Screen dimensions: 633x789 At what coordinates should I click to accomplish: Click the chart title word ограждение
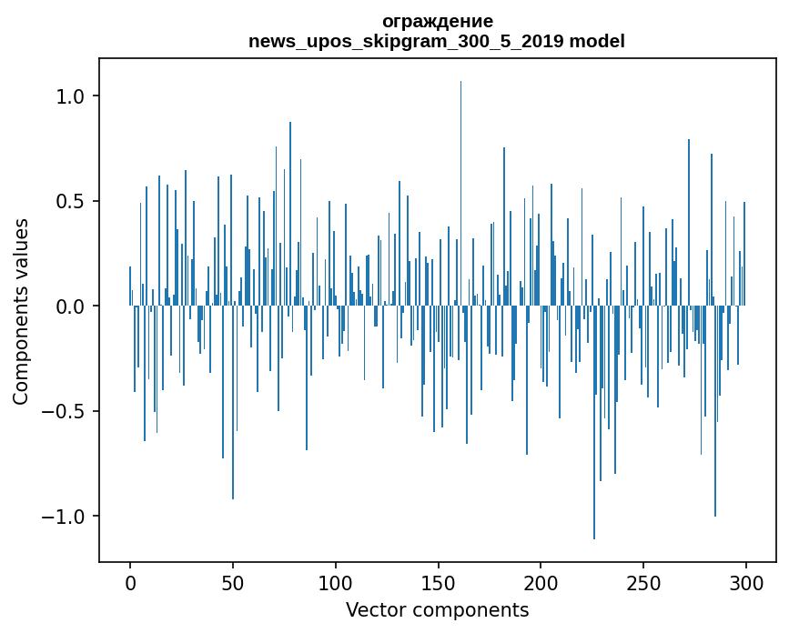437,21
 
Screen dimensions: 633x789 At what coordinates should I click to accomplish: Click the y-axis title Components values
20,311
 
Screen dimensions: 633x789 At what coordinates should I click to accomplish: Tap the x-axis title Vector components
437,609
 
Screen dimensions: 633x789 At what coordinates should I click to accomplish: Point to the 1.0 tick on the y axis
69,96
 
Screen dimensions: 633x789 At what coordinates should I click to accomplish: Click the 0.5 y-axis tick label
69,201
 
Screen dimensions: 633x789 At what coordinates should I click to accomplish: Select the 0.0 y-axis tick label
69,306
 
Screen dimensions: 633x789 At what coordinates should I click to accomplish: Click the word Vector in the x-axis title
372,609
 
